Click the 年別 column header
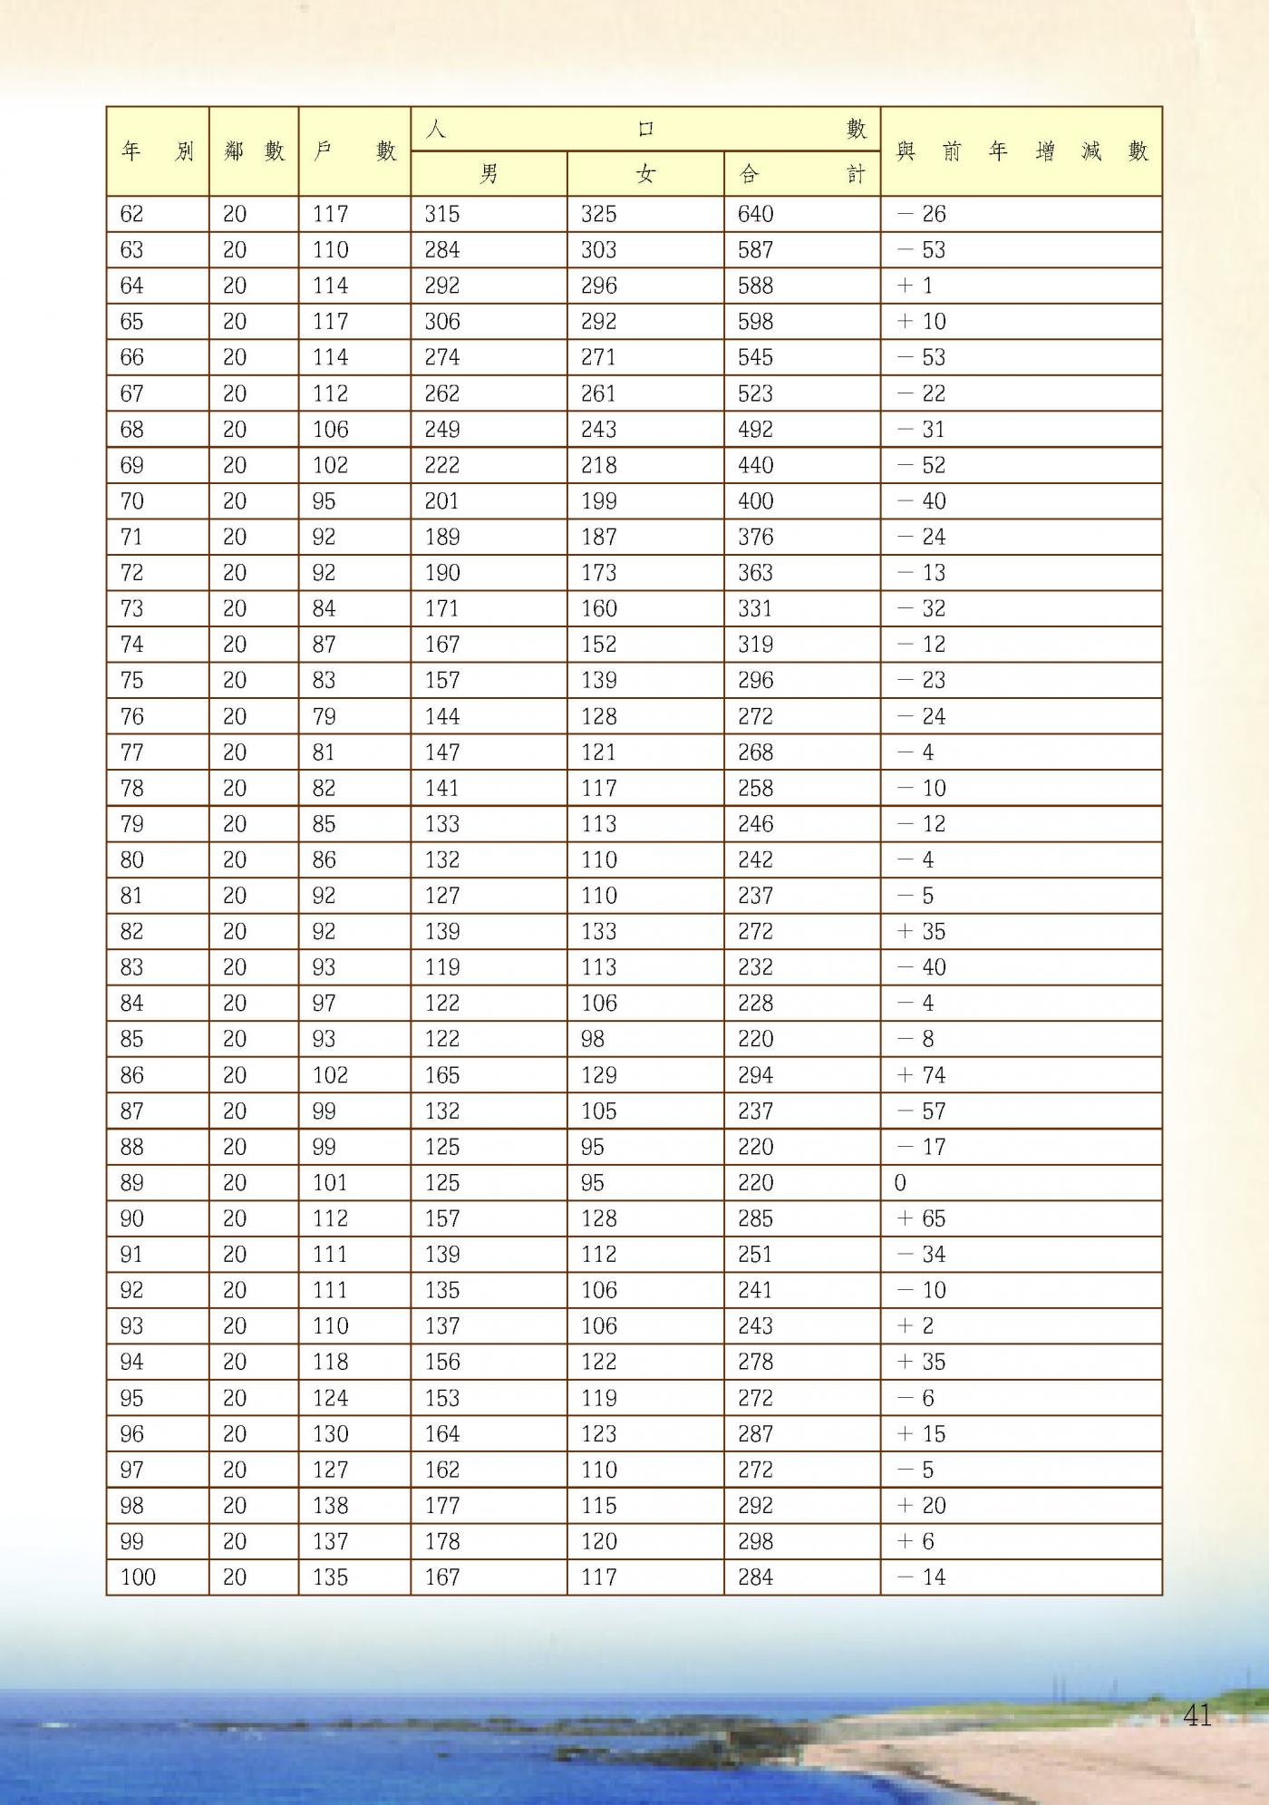pos(157,150)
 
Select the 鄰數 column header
pos(254,150)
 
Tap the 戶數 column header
pos(354,150)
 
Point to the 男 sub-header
pos(489,173)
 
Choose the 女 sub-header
pos(645,173)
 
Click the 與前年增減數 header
pos(1021,150)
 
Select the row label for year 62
pos(131,214)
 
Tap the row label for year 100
pos(138,1577)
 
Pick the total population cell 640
pos(755,214)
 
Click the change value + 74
pos(921,1075)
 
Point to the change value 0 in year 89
pos(900,1183)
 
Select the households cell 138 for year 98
pos(330,1505)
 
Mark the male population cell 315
pos(442,214)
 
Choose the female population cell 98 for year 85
pos(593,1039)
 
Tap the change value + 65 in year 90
pos(921,1218)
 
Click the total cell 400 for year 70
pos(755,501)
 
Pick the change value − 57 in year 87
pos(921,1111)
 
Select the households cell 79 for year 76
pos(324,716)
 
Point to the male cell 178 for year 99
pos(442,1541)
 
